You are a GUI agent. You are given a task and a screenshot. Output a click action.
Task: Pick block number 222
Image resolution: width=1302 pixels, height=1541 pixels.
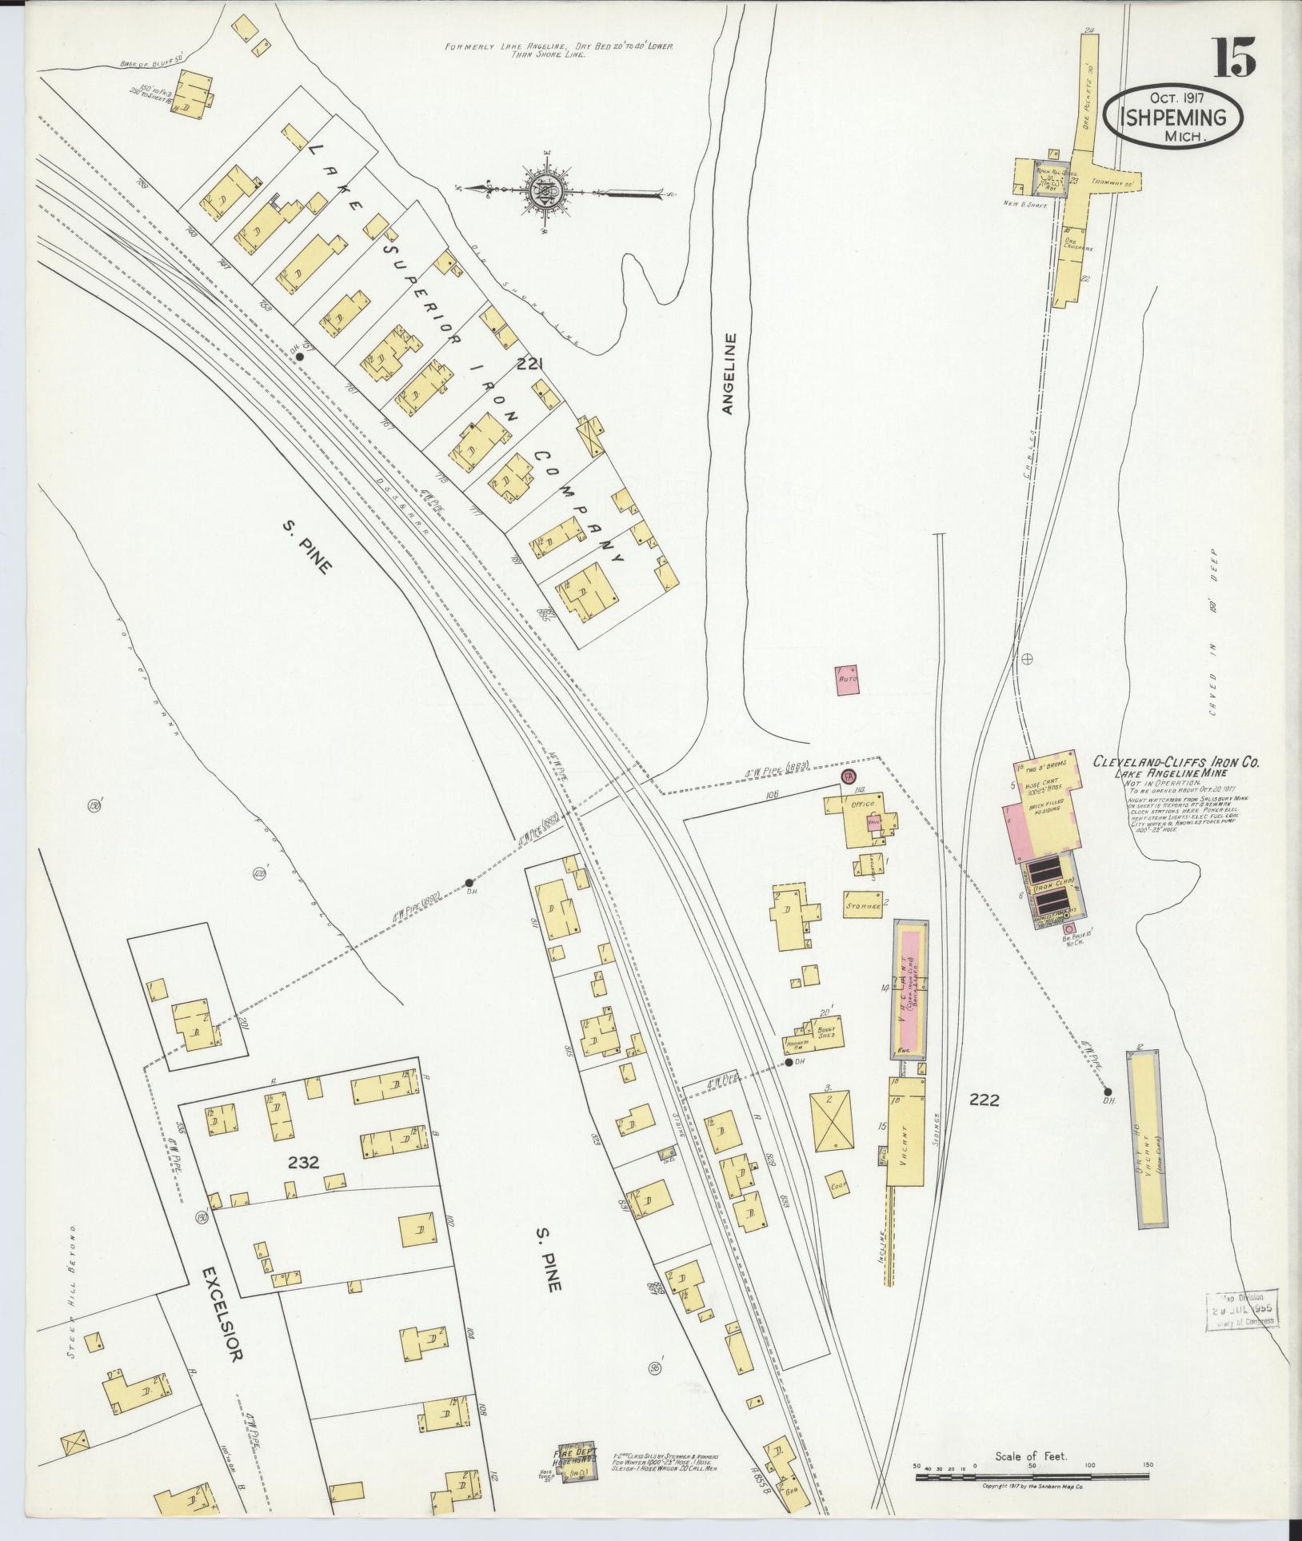click(x=984, y=1100)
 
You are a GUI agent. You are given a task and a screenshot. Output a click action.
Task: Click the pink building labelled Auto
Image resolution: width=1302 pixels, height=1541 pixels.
click(x=847, y=679)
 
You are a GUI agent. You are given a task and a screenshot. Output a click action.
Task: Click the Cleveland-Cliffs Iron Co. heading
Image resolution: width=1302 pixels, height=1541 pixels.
click(x=1176, y=763)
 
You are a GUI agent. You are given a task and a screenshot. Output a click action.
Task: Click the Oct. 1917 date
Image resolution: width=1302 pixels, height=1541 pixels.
click(x=1177, y=98)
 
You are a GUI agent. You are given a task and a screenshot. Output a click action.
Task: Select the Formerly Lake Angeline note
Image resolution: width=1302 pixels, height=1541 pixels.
click(x=560, y=50)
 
